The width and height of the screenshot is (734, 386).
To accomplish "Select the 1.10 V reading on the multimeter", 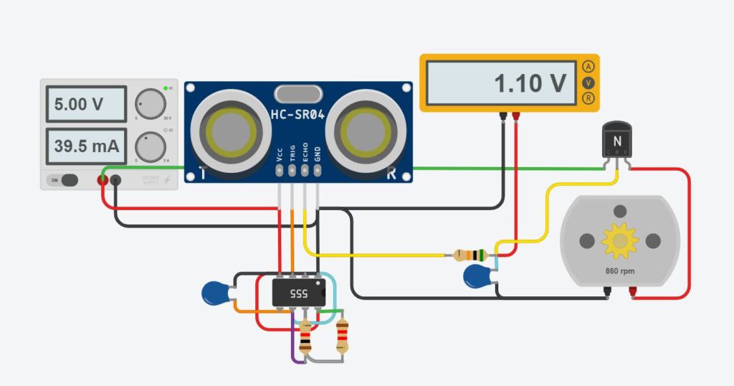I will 501,83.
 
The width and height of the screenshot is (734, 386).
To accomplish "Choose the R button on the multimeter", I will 588,98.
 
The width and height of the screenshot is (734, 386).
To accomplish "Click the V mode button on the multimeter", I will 588,82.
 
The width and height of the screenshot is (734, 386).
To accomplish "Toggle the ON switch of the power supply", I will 65,180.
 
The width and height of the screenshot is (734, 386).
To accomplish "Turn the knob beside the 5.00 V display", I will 150,104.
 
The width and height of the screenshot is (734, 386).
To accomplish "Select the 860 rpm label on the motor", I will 619,272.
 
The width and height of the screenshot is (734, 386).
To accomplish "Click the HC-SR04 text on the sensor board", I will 298,115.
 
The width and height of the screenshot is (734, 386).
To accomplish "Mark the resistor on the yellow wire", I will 471,255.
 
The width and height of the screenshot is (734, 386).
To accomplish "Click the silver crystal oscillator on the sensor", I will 298,94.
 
